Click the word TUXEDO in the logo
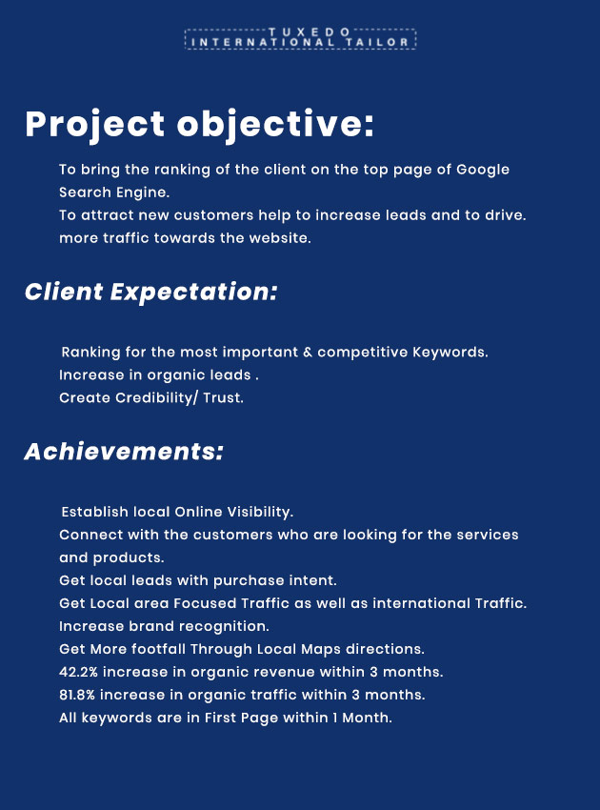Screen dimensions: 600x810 coord(310,32)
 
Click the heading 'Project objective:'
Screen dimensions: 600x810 coord(199,125)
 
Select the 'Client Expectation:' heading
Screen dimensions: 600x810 coord(150,292)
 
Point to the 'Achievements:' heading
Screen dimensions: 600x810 coord(124,452)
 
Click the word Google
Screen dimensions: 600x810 coord(483,170)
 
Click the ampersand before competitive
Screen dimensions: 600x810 coord(308,353)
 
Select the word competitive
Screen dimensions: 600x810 coord(363,353)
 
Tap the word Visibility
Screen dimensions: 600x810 coord(260,512)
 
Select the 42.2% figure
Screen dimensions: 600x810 coord(78,672)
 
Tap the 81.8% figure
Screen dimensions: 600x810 coord(77,695)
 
